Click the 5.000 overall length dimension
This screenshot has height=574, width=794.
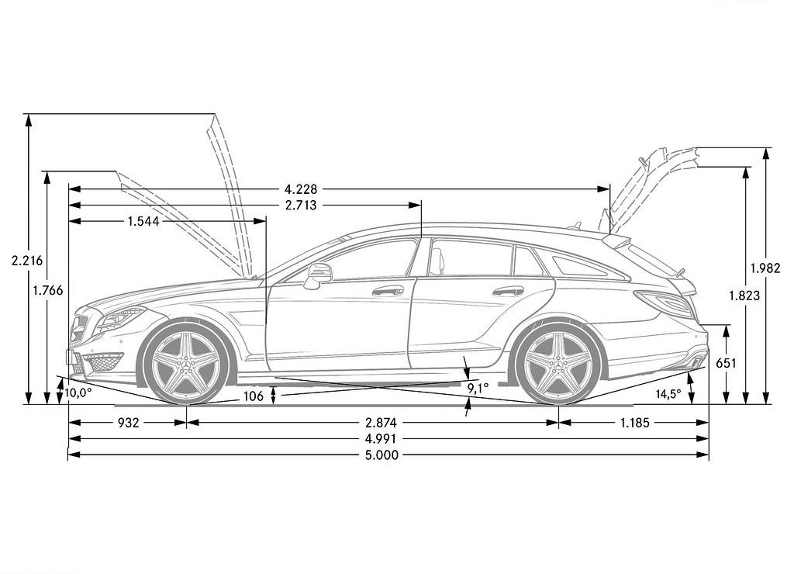(381, 455)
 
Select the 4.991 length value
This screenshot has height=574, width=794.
(381, 439)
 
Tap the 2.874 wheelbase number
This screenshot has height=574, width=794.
(381, 423)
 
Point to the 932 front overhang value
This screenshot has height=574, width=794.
(128, 423)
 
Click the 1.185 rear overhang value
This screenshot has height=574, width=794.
(634, 423)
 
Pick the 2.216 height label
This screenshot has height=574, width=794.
(27, 261)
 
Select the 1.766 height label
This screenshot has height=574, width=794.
(47, 290)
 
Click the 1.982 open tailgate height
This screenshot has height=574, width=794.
(765, 268)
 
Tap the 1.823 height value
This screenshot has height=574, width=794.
(744, 296)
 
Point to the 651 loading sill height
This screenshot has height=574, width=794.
(726, 363)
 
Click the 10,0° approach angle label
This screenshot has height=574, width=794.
(78, 392)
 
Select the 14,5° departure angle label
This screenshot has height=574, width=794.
(668, 394)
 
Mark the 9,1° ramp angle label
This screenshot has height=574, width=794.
(478, 389)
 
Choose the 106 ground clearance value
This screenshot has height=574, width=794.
(254, 396)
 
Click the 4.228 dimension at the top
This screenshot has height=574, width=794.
(301, 189)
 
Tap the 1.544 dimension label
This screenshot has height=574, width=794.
(143, 221)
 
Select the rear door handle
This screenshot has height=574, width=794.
(509, 292)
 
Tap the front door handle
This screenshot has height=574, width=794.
(388, 291)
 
